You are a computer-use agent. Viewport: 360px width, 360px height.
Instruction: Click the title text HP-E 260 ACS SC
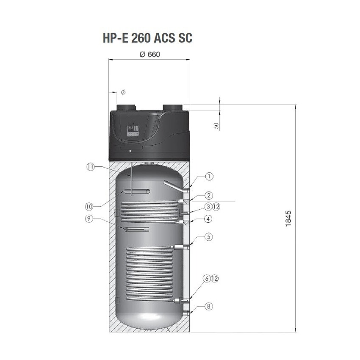147,38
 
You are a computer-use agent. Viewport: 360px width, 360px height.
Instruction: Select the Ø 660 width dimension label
149,55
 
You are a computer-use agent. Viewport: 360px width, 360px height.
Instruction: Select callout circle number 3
208,207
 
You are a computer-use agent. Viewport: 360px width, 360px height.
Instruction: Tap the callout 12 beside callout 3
217,207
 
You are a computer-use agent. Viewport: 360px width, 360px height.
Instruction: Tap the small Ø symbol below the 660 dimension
123,92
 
